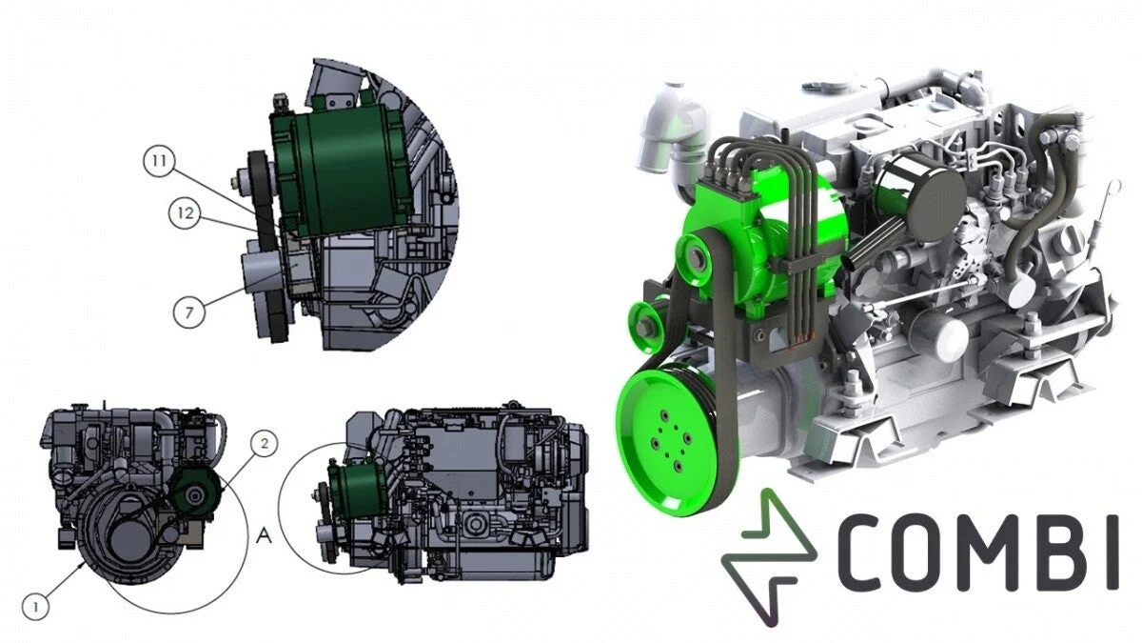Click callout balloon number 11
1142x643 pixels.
click(x=160, y=160)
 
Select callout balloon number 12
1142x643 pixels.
click(x=185, y=212)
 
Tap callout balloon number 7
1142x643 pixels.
click(x=189, y=311)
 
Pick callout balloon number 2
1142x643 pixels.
click(x=265, y=444)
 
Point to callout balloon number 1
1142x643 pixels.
click(x=36, y=607)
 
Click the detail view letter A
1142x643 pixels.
click(x=265, y=535)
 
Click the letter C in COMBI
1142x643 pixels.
click(x=863, y=553)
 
